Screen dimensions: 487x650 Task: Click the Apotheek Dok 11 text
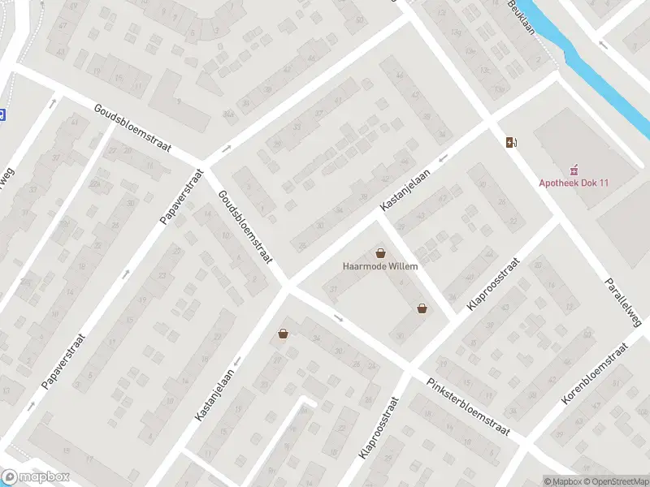click(574, 183)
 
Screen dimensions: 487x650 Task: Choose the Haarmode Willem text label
click(380, 266)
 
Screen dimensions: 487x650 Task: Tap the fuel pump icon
click(511, 143)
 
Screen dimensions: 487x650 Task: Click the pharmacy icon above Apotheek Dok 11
click(574, 170)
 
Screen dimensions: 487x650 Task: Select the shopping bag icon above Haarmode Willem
click(380, 253)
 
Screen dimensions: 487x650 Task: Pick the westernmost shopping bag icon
click(283, 333)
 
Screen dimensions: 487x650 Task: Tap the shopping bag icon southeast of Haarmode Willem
click(422, 308)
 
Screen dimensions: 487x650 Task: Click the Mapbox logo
click(36, 477)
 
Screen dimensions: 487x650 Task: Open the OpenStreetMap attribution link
click(617, 481)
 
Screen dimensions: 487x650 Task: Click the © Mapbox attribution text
click(563, 481)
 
